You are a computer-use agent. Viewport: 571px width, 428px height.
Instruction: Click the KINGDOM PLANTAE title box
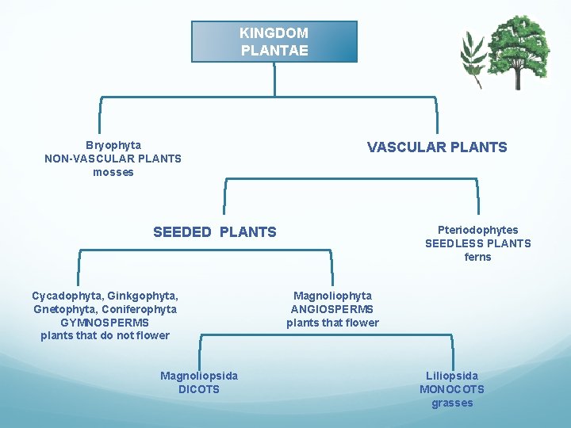274,41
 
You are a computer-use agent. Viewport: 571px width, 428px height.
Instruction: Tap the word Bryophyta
113,145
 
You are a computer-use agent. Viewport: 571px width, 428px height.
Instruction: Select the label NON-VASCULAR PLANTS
113,159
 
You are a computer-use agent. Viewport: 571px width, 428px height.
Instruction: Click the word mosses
113,172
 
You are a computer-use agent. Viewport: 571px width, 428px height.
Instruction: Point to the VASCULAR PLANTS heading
436,147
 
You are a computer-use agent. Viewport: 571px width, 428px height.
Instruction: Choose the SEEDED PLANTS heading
215,232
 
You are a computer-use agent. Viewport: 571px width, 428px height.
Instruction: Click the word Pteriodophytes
477,230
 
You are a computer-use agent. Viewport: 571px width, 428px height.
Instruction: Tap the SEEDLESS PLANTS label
477,243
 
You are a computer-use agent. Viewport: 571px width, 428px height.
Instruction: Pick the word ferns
477,257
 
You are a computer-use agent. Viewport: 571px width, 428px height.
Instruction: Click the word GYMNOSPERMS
105,323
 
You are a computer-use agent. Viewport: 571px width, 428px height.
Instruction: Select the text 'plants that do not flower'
105,335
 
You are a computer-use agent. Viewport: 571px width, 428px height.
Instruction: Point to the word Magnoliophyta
332,296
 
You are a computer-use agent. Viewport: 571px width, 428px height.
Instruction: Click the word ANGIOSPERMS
332,309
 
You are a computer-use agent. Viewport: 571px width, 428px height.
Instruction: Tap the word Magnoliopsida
199,376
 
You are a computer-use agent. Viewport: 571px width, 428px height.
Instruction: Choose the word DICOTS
199,389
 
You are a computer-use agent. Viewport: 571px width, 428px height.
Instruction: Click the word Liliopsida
452,376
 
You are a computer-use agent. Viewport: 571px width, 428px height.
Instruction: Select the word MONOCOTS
452,389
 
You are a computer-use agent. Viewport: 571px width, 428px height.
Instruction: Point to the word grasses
452,403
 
